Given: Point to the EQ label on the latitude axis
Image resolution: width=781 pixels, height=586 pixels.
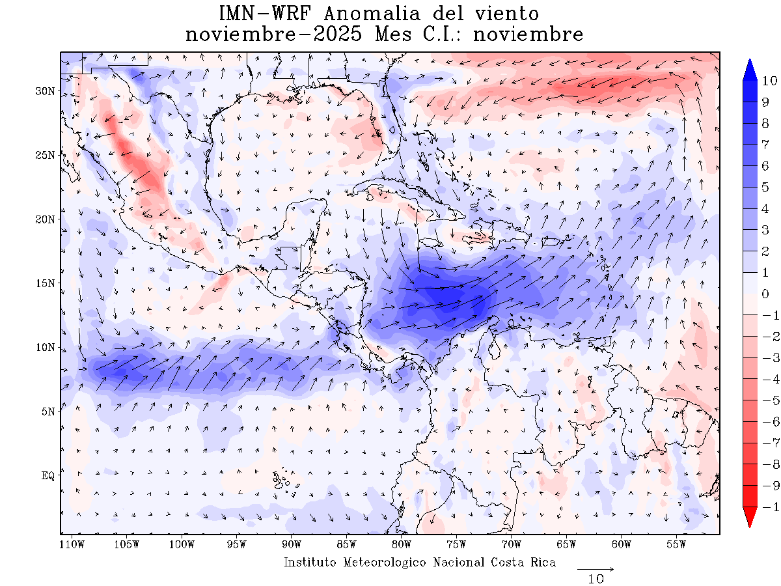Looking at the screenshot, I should pos(48,476).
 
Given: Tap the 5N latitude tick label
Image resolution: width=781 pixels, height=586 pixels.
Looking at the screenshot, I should pos(48,412).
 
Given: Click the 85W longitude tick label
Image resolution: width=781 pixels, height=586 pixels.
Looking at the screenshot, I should pos(346,544).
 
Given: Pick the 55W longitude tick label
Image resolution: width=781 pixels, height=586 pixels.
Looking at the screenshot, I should pos(677,544).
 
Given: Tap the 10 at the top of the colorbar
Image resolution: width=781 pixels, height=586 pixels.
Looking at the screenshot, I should pos(769,81).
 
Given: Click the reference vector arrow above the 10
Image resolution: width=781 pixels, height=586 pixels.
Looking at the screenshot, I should pos(596,568).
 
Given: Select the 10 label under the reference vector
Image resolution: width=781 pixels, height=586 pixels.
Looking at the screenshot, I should pos(596,579).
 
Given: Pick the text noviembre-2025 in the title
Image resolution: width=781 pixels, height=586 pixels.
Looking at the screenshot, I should pos(273,34).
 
